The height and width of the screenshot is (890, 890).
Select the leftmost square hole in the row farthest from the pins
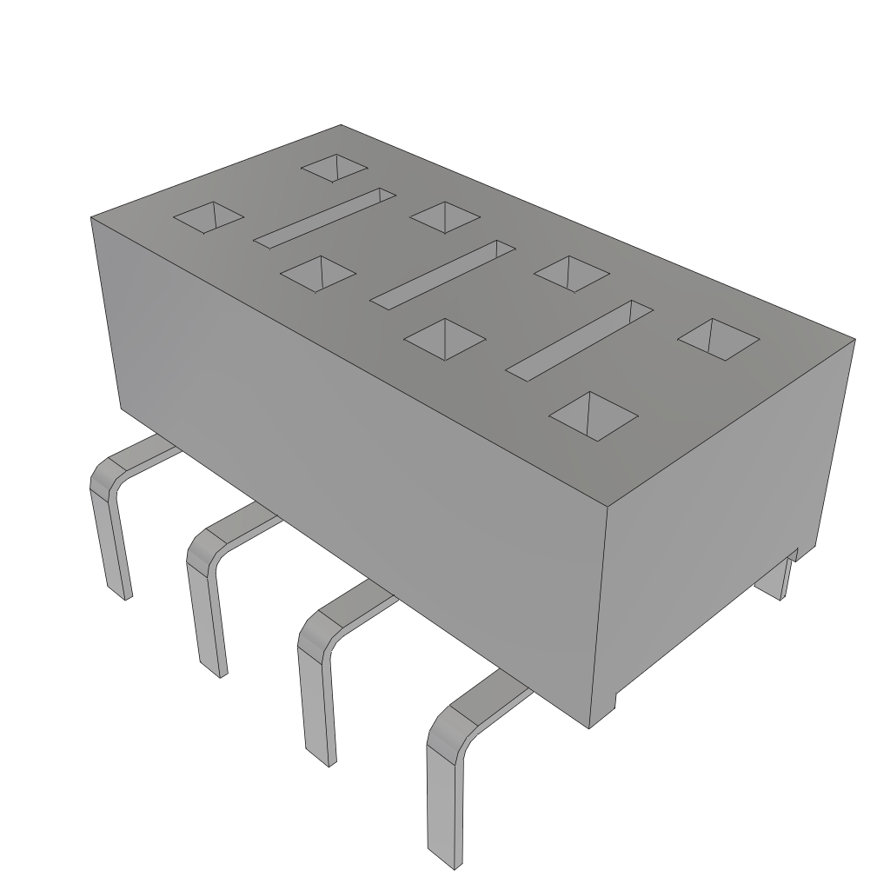(x=335, y=168)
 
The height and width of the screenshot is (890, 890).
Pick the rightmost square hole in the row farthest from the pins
(x=718, y=338)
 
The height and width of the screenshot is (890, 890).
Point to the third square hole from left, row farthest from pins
(x=571, y=272)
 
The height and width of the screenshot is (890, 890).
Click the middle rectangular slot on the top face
(x=442, y=272)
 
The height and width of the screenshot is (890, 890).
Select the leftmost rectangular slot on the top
(x=324, y=215)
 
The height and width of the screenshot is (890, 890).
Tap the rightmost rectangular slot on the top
(x=581, y=340)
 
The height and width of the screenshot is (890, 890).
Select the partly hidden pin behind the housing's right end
(x=778, y=580)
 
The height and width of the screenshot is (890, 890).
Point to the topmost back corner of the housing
(x=340, y=125)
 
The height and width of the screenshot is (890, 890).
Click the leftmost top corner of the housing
(x=91, y=217)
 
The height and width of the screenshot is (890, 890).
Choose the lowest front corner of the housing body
(x=590, y=727)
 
